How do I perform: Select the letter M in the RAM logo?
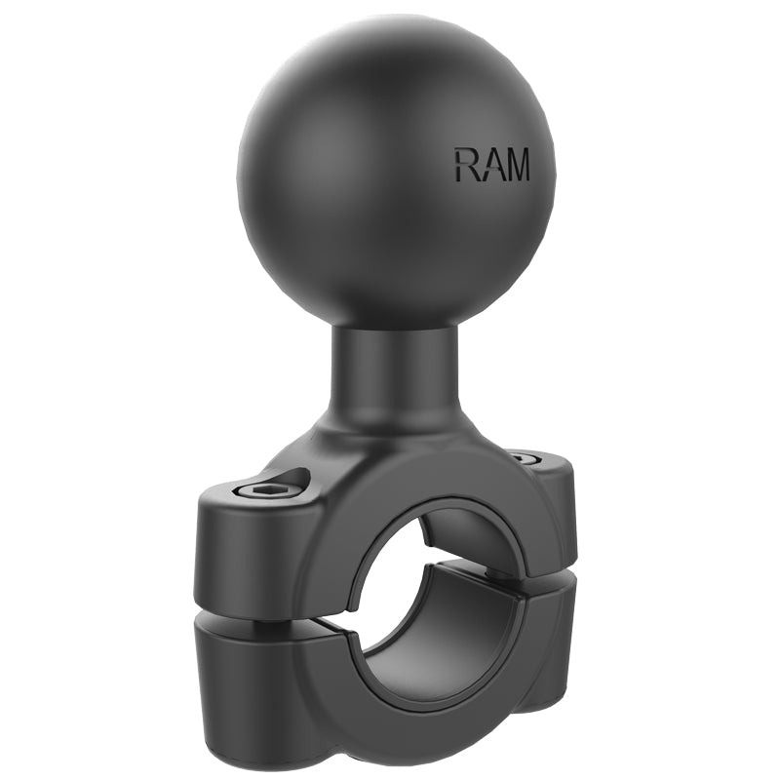point(517,165)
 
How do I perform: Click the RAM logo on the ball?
point(491,165)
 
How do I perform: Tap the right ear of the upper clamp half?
point(551,507)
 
